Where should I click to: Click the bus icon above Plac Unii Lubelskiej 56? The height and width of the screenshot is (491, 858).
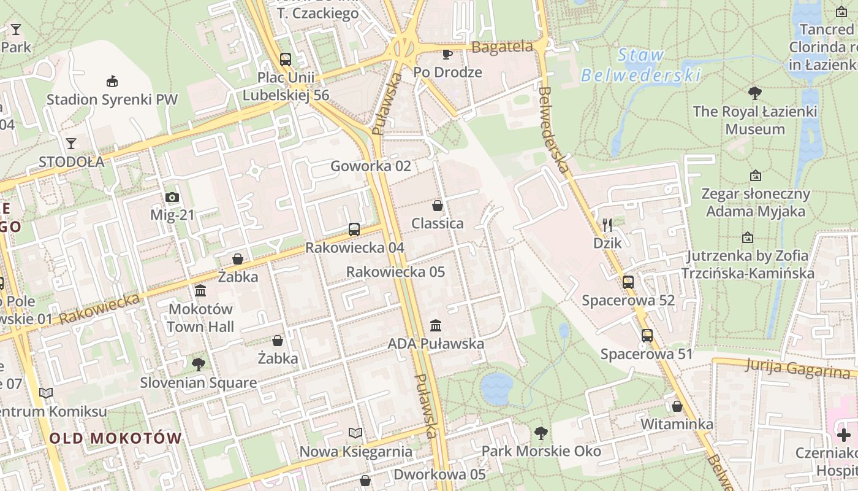[286, 60]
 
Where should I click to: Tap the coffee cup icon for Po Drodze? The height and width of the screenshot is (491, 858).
[447, 54]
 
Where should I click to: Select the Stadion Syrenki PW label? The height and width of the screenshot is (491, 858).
[112, 99]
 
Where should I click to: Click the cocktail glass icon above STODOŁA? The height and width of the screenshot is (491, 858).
[71, 144]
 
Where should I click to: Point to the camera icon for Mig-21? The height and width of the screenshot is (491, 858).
[172, 197]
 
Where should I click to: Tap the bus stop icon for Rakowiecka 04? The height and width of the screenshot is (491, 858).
[354, 230]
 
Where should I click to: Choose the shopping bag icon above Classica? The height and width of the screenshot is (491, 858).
[438, 205]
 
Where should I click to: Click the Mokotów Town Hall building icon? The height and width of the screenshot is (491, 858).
[200, 290]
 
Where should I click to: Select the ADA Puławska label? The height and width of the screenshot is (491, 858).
[436, 344]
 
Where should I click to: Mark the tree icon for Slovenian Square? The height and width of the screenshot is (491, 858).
[198, 365]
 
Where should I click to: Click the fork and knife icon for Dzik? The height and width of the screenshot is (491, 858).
[607, 225]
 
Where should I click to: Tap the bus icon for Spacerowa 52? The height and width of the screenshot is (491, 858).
[628, 282]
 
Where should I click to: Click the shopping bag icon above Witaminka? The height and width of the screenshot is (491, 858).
[677, 406]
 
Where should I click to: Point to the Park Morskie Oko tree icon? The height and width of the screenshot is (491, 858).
[541, 433]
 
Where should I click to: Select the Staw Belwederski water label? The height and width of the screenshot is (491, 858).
[640, 65]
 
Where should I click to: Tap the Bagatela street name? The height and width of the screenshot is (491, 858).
[503, 47]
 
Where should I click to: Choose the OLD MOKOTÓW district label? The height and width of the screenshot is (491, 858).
[116, 438]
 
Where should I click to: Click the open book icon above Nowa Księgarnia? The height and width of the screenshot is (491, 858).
[355, 433]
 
